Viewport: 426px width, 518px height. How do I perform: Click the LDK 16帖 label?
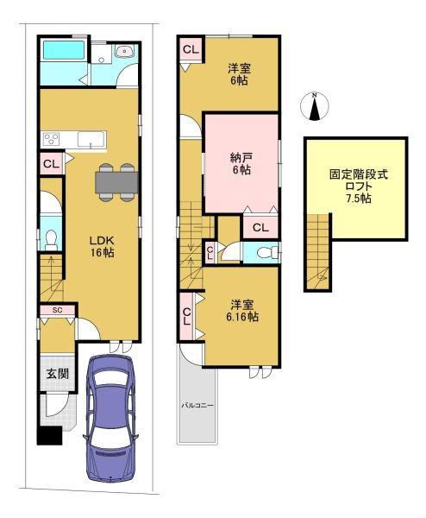coord(102,246)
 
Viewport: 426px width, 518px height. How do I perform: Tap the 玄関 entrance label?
coord(58,374)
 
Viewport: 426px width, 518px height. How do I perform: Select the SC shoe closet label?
coord(58,310)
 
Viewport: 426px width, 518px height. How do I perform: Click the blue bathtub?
coord(64,50)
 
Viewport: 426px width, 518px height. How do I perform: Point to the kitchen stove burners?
coord(51,139)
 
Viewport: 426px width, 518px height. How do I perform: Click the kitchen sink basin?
coord(91,139)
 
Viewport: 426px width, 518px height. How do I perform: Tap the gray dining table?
coord(116,182)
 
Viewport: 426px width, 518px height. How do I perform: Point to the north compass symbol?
coord(315,106)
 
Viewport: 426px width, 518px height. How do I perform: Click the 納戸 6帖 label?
coord(241,163)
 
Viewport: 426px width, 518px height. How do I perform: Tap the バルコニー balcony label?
coord(197,405)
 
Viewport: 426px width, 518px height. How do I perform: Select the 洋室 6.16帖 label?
coord(242,311)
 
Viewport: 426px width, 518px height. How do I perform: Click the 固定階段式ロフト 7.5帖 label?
coord(359,186)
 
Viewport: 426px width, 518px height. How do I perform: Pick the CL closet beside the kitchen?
coord(52,163)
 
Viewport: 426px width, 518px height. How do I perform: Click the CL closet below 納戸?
coord(260,227)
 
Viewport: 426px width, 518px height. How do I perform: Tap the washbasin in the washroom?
coord(125,51)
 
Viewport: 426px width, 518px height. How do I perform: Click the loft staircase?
coord(317,252)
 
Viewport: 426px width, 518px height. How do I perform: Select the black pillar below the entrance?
coord(49,435)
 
